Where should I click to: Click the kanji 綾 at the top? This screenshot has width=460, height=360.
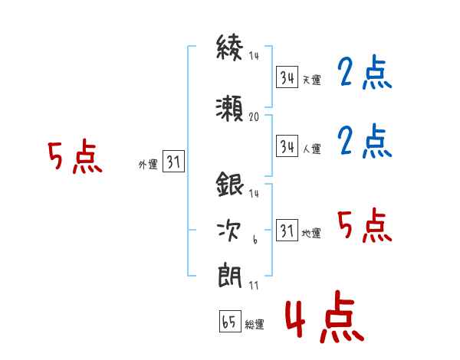point(230,47)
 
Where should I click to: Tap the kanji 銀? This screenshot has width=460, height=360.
point(230,185)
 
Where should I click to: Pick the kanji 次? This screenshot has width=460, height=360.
point(229,231)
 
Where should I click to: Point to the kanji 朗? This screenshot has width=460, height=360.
point(230,276)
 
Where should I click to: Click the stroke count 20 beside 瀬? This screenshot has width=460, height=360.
point(254,117)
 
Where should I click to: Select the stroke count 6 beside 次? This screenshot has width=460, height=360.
point(255,240)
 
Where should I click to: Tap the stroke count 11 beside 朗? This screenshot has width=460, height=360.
point(254,285)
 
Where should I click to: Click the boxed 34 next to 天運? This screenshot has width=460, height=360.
point(287,77)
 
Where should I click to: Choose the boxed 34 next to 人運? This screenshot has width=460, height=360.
point(287,146)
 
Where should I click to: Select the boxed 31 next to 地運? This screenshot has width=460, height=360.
point(287,230)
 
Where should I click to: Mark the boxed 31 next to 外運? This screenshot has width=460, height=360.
point(173,162)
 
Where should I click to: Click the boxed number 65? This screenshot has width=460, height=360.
point(230,321)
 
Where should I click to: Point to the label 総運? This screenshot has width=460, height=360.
point(255,324)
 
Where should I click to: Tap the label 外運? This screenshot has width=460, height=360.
point(148,165)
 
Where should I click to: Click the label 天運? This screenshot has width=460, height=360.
point(312,80)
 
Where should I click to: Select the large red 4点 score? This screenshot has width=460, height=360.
point(324,317)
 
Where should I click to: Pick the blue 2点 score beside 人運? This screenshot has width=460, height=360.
point(365,141)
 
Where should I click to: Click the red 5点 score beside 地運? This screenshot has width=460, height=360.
point(365,225)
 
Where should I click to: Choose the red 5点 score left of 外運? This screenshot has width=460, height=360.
point(75,156)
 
